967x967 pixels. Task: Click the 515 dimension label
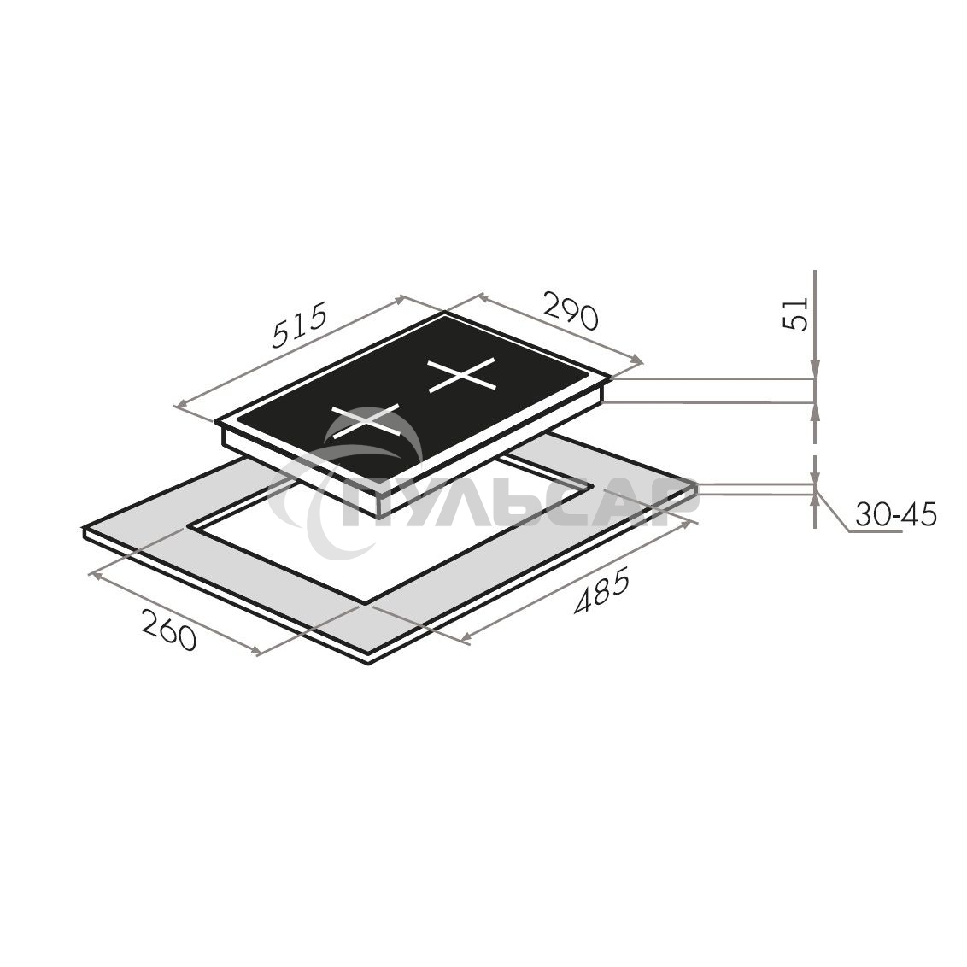[299, 327]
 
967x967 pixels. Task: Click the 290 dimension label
[570, 311]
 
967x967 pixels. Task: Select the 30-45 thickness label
[896, 514]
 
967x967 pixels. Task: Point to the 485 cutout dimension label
[601, 595]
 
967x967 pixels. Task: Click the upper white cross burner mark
[462, 375]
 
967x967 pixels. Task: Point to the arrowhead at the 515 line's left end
[181, 405]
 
